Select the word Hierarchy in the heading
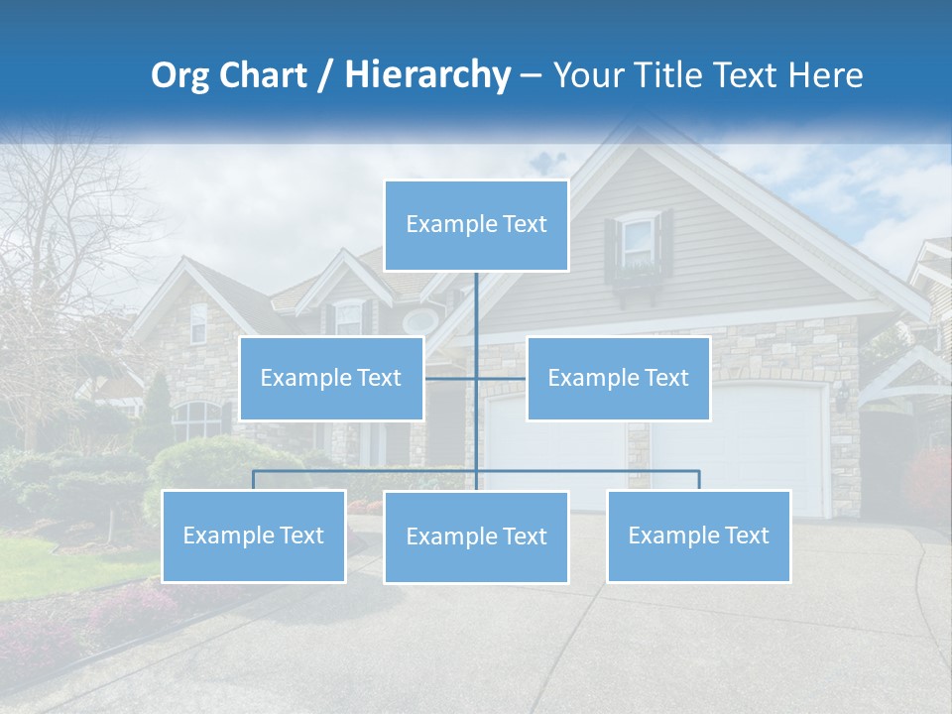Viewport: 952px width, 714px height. click(x=426, y=75)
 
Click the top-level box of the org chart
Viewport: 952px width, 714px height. click(x=476, y=225)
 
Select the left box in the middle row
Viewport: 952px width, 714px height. click(x=331, y=378)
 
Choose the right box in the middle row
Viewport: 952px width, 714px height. click(x=618, y=378)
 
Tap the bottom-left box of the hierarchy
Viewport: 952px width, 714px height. click(x=253, y=535)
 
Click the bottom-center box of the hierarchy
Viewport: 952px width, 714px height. click(x=476, y=536)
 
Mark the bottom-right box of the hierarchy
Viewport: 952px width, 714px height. click(x=698, y=535)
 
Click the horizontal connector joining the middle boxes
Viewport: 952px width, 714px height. click(x=475, y=378)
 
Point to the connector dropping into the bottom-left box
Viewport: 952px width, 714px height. click(x=253, y=480)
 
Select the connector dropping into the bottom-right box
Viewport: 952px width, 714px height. click(x=698, y=480)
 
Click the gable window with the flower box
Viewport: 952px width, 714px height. click(x=639, y=248)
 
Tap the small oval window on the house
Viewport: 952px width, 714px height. click(x=420, y=321)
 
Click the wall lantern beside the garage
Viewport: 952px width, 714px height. click(x=842, y=398)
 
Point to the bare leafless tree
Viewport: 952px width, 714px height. click(x=59, y=248)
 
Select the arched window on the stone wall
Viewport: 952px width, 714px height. click(x=197, y=420)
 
